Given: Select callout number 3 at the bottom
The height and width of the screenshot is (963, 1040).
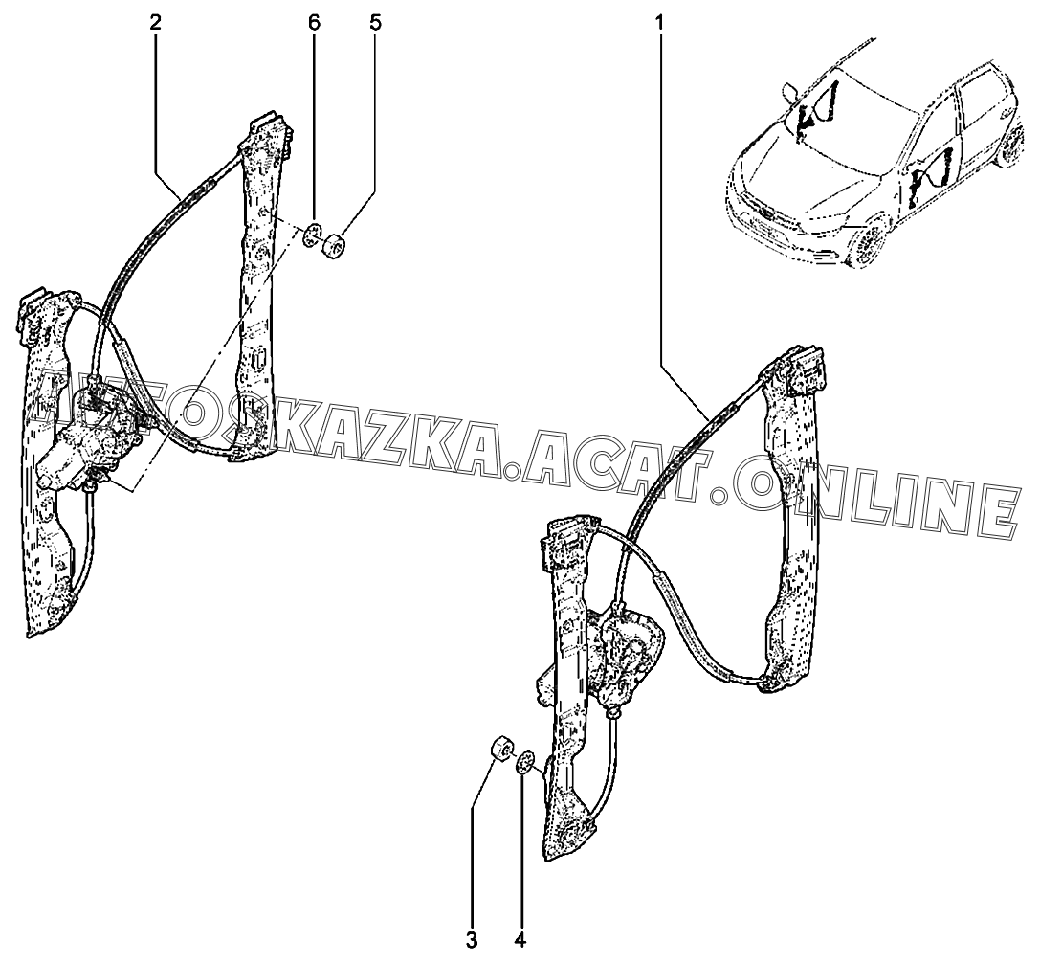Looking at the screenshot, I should pos(472,940).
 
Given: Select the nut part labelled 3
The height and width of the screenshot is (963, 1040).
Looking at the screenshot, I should pos(499,748).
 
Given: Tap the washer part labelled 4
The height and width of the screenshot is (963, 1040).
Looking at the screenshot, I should pos(524,764).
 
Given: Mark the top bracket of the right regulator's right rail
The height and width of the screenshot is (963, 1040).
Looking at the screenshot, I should pos(804,369).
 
